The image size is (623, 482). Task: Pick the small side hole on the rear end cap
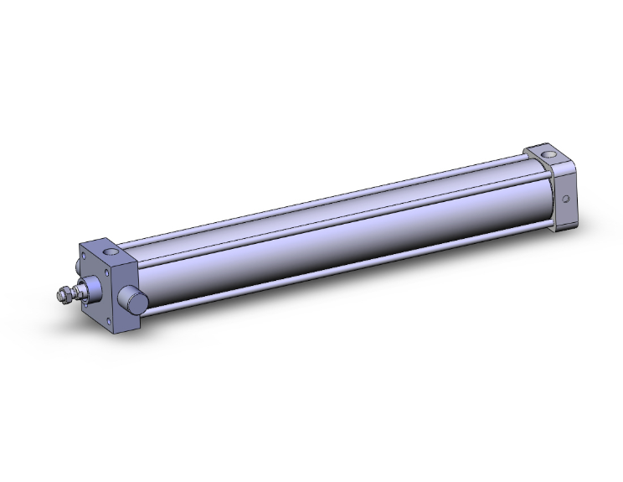(567, 200)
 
